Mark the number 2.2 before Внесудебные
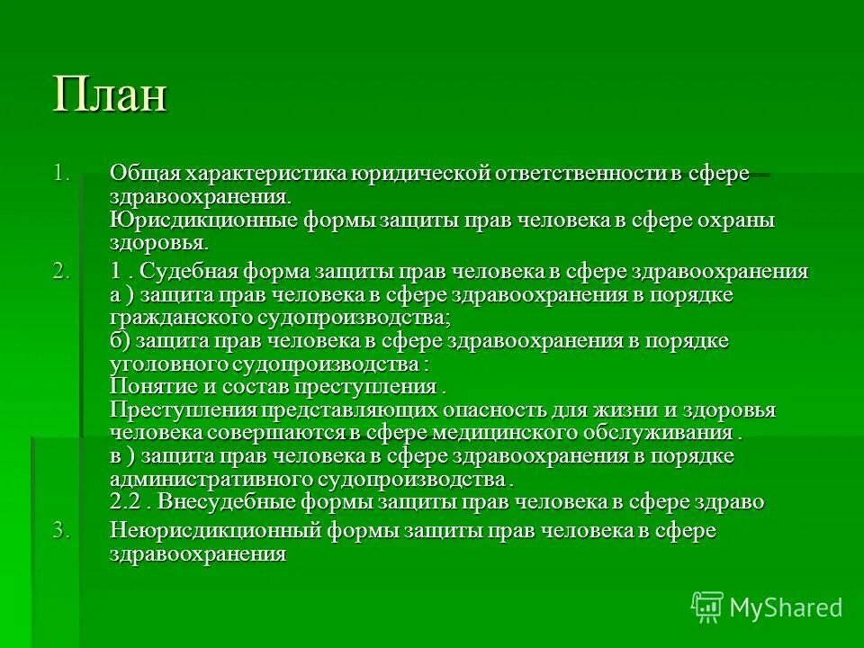click(x=126, y=502)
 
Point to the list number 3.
click(x=60, y=531)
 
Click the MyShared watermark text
click(x=786, y=607)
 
